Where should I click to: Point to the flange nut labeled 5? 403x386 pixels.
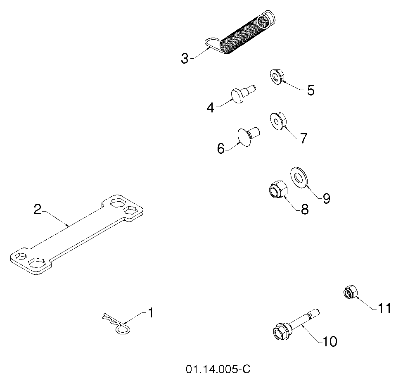click(x=277, y=77)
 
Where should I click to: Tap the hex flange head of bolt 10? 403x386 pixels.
click(x=282, y=331)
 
